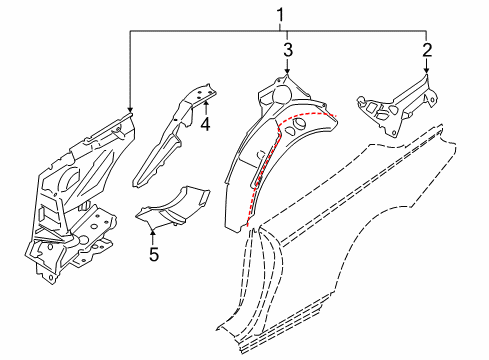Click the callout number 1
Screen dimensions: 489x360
280,16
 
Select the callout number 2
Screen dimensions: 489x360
427,50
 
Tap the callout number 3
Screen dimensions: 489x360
288,50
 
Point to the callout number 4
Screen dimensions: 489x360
206,125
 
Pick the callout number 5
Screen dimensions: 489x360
154,254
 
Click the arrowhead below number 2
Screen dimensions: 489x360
426,70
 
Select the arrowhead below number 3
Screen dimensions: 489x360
287,70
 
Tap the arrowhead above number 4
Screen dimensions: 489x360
206,102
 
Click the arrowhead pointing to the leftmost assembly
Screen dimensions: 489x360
130,110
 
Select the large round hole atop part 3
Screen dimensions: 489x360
282,94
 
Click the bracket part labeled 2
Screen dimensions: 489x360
398,107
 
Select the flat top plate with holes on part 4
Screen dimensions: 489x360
201,93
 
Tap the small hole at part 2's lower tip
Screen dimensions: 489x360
394,133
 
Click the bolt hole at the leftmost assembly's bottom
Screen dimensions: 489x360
50,277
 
